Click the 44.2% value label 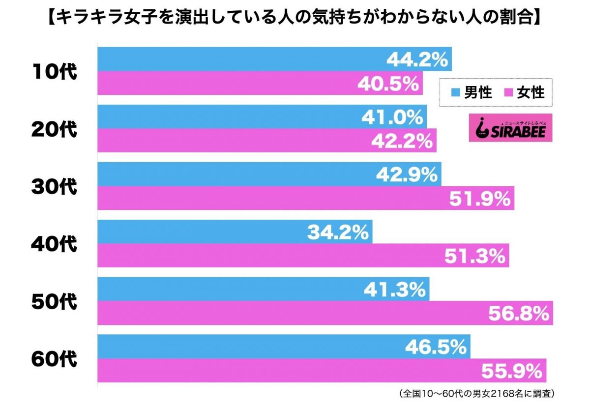pyautogui.click(x=417, y=59)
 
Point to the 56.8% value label pyautogui.click(x=518, y=313)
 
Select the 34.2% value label pyautogui.click(x=338, y=232)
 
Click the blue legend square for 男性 pyautogui.click(x=455, y=93)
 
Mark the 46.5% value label pyautogui.click(x=436, y=347)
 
